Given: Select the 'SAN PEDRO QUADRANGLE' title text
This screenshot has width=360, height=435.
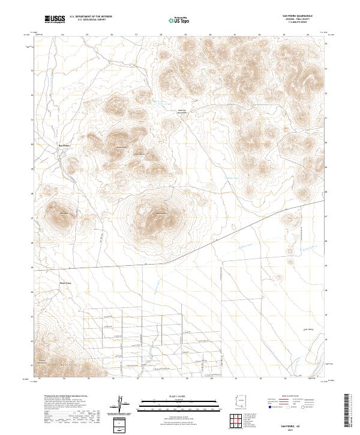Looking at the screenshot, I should (x=294, y=15).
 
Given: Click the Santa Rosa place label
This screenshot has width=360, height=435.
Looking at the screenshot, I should (x=65, y=281).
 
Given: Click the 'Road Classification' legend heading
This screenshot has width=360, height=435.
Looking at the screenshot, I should (x=293, y=397).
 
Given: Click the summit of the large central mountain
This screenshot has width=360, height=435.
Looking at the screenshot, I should (x=157, y=214).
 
